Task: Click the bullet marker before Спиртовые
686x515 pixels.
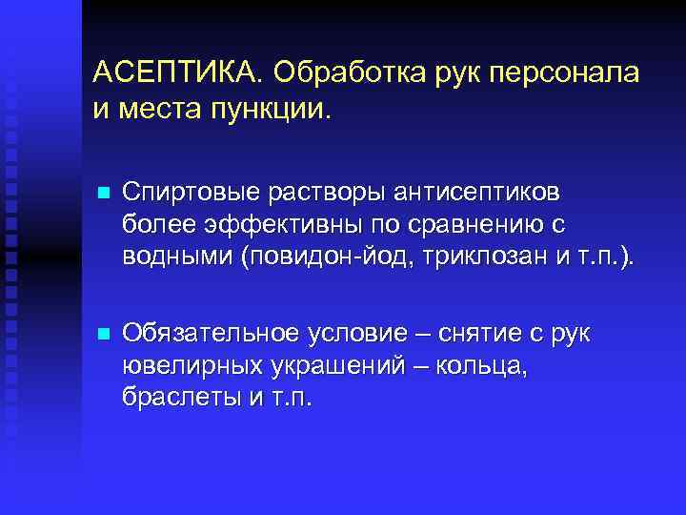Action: click(105, 194)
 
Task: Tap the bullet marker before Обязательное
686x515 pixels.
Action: click(105, 334)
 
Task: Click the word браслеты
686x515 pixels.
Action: click(176, 398)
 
